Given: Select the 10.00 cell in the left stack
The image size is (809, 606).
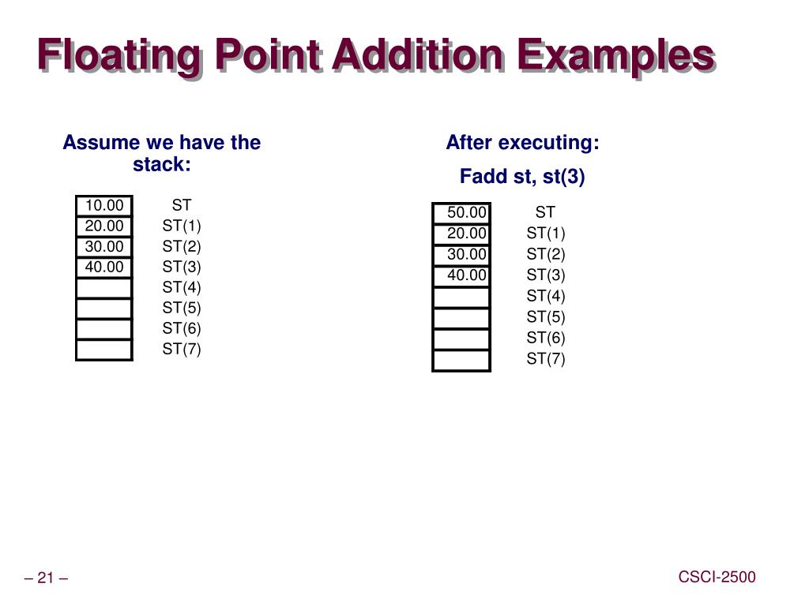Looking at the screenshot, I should (x=104, y=206).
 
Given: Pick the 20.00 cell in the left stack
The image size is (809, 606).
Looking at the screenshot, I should (x=104, y=226).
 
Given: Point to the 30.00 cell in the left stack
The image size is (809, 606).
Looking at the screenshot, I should (x=104, y=247).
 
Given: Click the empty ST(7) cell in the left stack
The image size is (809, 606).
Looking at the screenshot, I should (x=104, y=350).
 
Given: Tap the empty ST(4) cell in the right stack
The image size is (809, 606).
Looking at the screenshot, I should (x=461, y=297).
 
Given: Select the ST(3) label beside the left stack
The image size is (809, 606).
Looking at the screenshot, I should (x=182, y=267).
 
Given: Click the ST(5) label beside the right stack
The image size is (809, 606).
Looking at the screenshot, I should (x=546, y=317).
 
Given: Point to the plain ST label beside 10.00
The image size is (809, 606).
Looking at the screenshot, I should (x=182, y=206).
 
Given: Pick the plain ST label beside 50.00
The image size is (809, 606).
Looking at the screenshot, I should (x=545, y=212).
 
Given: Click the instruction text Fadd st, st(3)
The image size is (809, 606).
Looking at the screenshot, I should (x=522, y=177).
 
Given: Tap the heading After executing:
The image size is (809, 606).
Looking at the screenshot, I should (x=522, y=143).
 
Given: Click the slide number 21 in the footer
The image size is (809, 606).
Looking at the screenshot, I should (x=46, y=579).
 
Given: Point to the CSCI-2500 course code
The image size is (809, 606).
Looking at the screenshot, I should (x=717, y=577).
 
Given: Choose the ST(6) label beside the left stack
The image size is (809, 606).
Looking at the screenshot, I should (x=182, y=329).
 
